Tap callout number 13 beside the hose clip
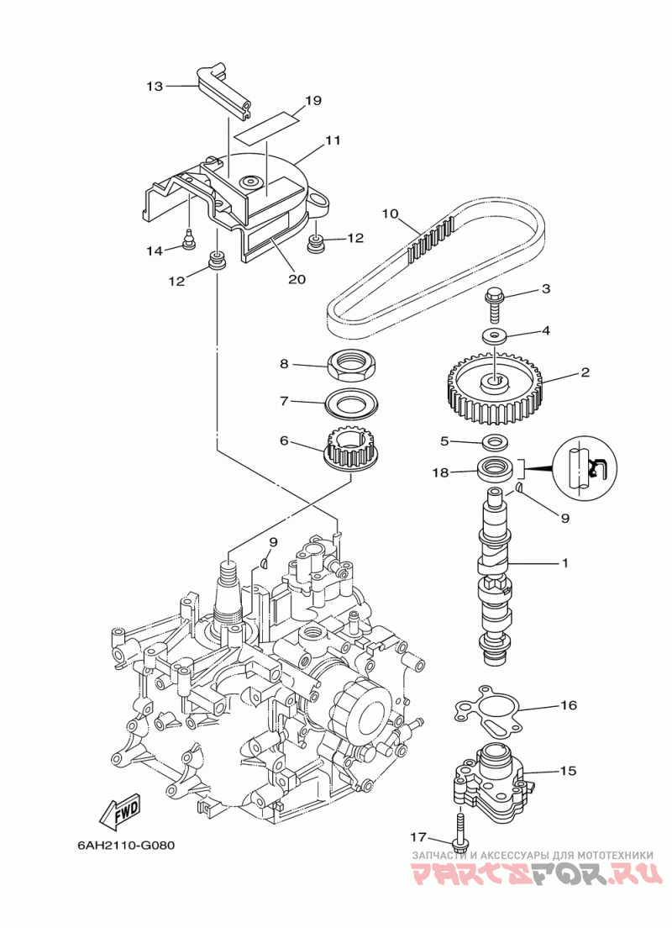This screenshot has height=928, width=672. click(155, 87)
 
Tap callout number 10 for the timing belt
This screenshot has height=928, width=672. click(391, 214)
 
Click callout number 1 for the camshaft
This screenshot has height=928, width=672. click(565, 563)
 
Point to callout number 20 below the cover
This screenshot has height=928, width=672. click(297, 278)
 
